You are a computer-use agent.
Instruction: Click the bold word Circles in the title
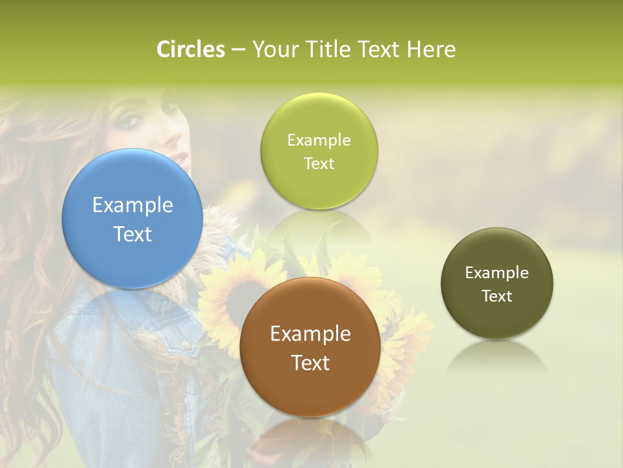191,49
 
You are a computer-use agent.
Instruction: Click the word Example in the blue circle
132,205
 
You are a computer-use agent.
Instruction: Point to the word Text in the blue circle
132,234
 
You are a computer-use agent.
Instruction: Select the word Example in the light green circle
319,140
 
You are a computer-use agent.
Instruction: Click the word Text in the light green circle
319,163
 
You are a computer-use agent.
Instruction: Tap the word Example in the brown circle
310,334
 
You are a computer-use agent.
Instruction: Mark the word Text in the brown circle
310,363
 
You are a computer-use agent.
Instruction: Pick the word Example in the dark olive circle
497,273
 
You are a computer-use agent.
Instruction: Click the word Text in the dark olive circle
497,296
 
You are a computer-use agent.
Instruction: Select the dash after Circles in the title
238,50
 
